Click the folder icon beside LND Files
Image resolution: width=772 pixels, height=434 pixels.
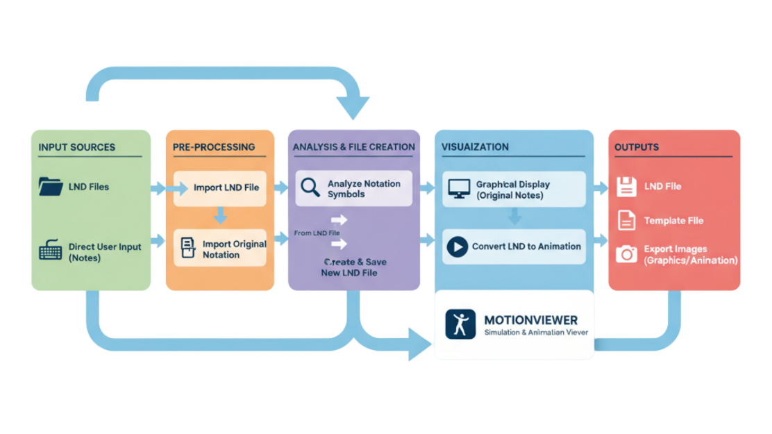click(51, 186)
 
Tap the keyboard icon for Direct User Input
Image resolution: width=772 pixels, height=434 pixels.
click(51, 251)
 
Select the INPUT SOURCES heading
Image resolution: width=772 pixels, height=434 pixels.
click(77, 147)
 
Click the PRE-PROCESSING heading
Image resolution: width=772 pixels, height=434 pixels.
click(214, 147)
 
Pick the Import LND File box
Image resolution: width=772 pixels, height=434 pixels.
click(219, 188)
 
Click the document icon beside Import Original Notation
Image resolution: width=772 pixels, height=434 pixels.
click(187, 248)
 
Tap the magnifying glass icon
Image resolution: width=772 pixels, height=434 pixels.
click(310, 187)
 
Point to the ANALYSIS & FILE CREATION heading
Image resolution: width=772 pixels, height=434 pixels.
click(354, 147)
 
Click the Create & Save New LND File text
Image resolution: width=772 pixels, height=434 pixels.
click(354, 267)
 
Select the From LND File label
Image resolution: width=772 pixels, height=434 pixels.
click(316, 233)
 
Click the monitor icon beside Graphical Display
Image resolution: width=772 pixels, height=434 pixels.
click(458, 189)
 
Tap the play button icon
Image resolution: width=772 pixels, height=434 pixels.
click(457, 247)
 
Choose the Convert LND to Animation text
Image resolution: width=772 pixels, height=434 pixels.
click(526, 247)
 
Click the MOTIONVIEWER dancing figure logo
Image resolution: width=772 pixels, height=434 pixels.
click(460, 324)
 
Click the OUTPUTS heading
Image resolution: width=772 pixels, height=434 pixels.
click(637, 147)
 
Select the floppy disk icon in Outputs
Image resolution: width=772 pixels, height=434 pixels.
click(626, 186)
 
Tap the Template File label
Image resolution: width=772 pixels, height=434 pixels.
click(673, 221)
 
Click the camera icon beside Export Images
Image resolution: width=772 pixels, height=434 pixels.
click(626, 254)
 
